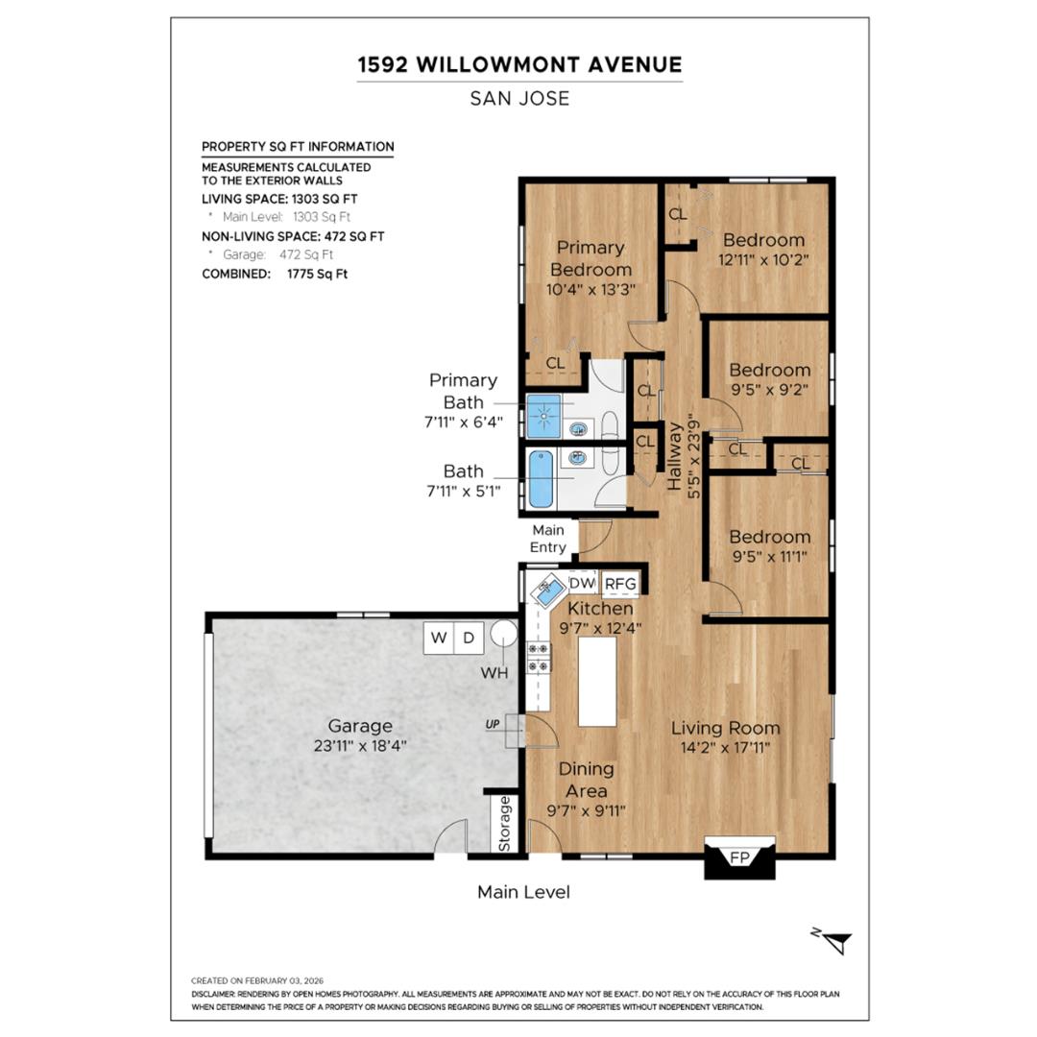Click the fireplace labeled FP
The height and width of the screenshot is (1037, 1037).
739,856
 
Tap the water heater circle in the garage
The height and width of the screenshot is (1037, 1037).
502,635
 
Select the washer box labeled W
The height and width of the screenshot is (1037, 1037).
439,638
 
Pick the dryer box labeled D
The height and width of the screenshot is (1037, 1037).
469,638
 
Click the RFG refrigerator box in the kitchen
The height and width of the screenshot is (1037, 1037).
620,584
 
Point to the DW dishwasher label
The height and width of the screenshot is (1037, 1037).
582,583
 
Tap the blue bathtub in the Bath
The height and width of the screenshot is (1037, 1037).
541,479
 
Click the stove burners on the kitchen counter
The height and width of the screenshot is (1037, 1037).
539,657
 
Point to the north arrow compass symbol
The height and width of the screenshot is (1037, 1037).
836,942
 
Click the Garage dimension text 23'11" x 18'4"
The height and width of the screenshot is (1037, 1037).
360,744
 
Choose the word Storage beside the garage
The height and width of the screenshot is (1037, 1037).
505,823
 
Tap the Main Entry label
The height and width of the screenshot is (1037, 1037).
548,539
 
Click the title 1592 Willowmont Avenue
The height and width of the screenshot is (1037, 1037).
519,64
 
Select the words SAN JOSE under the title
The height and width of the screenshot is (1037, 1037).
519,98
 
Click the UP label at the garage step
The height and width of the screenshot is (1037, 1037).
494,724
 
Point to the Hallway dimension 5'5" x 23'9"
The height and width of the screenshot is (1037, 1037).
695,457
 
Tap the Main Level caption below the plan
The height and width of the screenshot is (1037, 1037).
523,892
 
